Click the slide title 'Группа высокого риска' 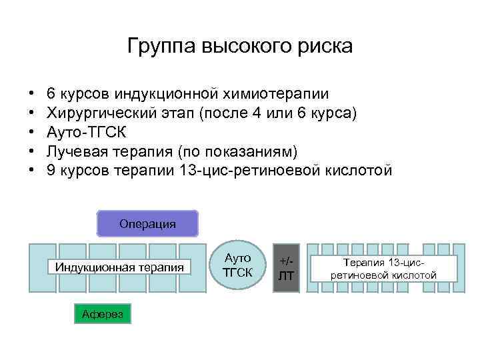pyautogui.click(x=239, y=47)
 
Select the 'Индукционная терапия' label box pyautogui.click(x=120, y=267)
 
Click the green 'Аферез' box pyautogui.click(x=103, y=313)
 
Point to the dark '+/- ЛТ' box pyautogui.click(x=286, y=267)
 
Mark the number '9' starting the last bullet pyautogui.click(x=51, y=169)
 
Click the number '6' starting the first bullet pyautogui.click(x=51, y=95)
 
